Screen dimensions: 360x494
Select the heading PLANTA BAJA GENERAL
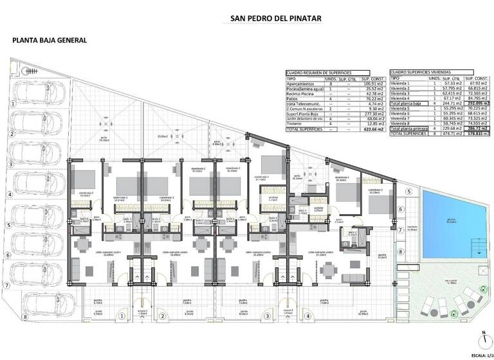click(50, 40)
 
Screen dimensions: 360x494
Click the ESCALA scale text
click(479, 355)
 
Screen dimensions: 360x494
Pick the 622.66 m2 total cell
click(372, 129)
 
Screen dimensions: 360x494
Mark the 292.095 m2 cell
click(478, 103)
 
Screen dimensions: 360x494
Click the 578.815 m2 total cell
click(478, 134)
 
